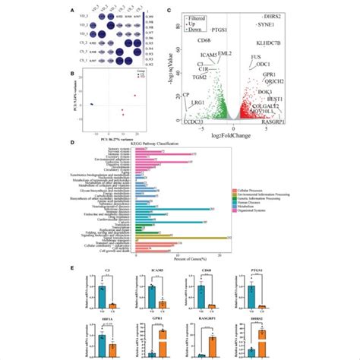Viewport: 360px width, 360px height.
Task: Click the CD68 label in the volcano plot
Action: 204,39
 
